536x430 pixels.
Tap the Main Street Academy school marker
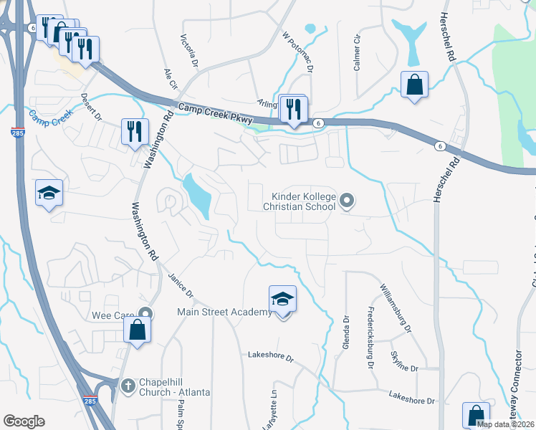click(x=282, y=300)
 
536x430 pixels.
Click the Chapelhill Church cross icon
click(x=128, y=385)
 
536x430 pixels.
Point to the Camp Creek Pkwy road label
click(x=215, y=113)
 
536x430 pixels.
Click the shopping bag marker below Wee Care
click(x=138, y=330)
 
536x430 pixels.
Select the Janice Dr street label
click(x=181, y=285)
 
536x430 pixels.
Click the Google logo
click(x=24, y=421)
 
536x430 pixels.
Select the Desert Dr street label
click(x=92, y=107)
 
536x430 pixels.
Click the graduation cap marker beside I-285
click(x=49, y=193)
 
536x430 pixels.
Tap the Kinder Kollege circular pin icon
click(x=347, y=201)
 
